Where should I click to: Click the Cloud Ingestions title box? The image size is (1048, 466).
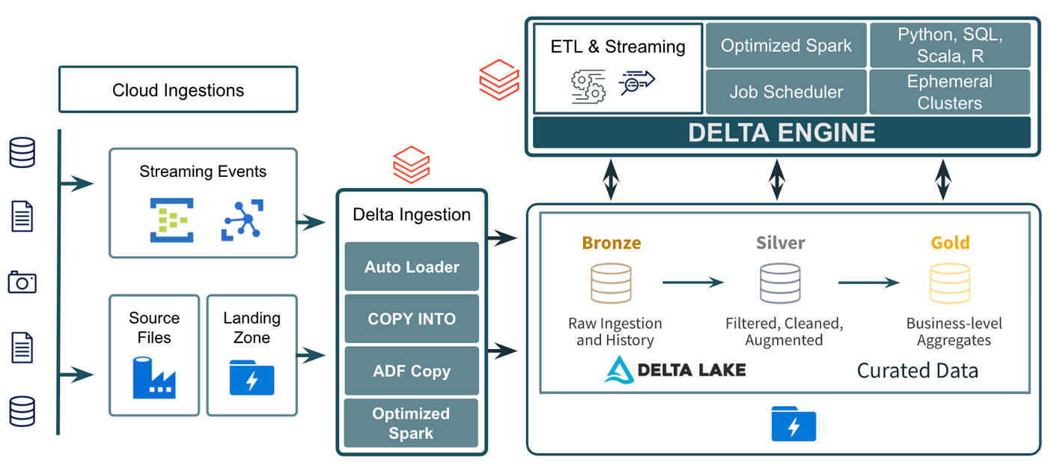pos(178,91)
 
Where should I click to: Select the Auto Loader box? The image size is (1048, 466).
pos(412,267)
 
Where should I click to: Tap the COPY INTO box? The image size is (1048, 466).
pos(412,319)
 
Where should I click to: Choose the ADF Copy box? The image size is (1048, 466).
pos(412,371)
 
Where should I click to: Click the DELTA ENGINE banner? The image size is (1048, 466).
pos(782,133)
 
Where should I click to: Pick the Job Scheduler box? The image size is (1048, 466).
pos(786,92)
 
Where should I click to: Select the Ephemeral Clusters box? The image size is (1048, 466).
pos(949,92)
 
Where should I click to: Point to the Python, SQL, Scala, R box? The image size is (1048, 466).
pos(949,46)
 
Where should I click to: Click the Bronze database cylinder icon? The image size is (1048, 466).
pos(611,283)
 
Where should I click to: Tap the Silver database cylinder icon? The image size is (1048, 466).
pos(780,283)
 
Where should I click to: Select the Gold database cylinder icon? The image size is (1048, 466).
pos(949,283)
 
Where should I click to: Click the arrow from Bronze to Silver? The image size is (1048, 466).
pos(693,282)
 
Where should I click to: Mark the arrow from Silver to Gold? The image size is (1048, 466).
pos(868,282)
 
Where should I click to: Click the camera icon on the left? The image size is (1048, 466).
pos(22,282)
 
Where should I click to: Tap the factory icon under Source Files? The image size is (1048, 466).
pos(153,378)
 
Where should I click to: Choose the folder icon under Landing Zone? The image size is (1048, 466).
pos(252,378)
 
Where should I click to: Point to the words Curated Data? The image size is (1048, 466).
pos(917,370)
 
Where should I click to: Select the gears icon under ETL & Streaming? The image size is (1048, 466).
pos(588,85)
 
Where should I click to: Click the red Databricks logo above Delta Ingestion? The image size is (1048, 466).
pos(411,164)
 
